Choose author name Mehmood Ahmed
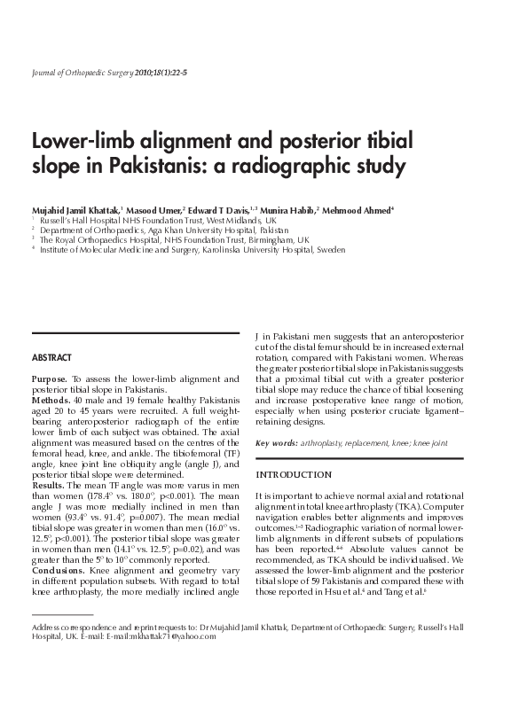click(358, 208)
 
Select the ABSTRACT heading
click(52, 358)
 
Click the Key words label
click(276, 443)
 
